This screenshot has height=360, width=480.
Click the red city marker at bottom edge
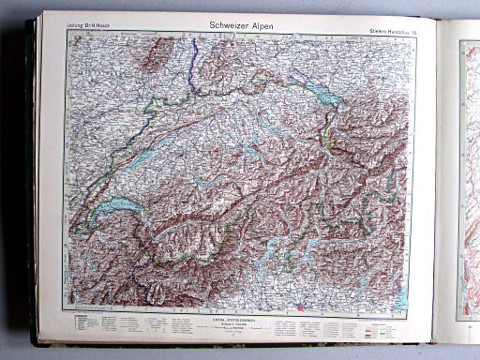coord(298,306)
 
